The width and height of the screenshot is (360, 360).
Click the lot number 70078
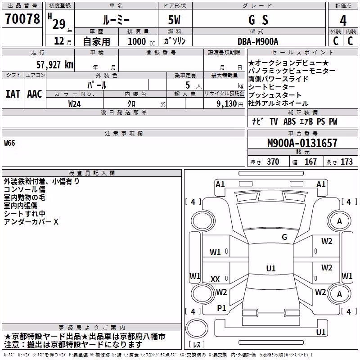(x=22, y=19)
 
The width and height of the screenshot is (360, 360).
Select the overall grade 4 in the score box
(x=343, y=21)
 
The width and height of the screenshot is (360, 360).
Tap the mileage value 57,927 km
(x=55, y=65)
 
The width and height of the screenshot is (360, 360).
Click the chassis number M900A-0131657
(x=302, y=143)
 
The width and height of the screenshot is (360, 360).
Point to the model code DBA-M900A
(x=258, y=41)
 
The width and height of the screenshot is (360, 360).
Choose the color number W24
(x=74, y=104)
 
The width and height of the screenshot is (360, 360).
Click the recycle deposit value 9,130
(x=227, y=104)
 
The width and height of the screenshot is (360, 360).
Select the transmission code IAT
(x=13, y=94)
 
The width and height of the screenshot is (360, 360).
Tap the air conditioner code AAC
(x=35, y=94)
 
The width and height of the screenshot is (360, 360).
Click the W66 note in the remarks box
(x=9, y=143)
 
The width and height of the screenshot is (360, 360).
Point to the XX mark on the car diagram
(x=215, y=279)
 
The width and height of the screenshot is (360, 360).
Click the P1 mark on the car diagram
(x=221, y=308)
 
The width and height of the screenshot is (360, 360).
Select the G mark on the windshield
(x=284, y=237)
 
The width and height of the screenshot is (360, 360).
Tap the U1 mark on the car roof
(x=271, y=268)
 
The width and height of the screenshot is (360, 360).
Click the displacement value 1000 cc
(x=141, y=42)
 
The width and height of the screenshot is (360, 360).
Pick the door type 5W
(x=174, y=20)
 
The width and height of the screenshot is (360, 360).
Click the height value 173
(x=346, y=162)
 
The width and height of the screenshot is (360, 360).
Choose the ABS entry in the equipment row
(x=289, y=121)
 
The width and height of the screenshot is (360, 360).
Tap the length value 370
(x=273, y=162)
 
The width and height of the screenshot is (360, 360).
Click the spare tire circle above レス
(x=197, y=328)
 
